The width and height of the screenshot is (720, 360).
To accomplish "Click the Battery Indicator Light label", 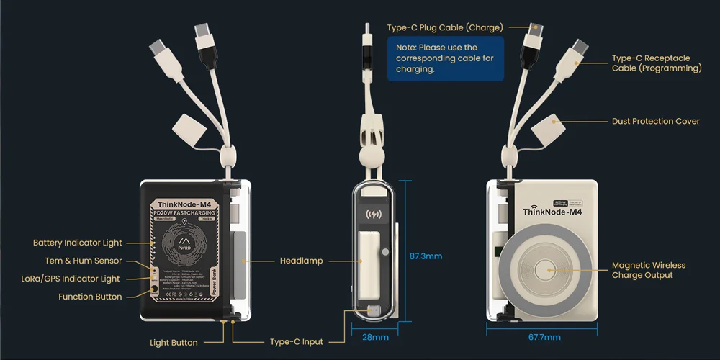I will click(78, 243).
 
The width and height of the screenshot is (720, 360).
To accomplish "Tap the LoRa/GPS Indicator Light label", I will click(78, 279).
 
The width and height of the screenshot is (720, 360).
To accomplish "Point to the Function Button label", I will click(90, 297).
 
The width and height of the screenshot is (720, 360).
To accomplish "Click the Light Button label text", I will click(174, 343).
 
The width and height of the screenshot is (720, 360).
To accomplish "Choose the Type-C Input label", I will click(297, 342).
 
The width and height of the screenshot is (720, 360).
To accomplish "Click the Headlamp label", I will click(300, 261).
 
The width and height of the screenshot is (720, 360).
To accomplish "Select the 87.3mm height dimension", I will click(426, 256).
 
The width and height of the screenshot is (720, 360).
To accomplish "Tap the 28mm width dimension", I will click(374, 337).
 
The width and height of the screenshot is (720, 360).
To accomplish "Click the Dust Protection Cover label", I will click(655, 121).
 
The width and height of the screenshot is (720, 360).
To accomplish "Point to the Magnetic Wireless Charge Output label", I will click(648, 270).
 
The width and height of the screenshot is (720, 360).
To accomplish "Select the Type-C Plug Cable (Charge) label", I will click(444, 27).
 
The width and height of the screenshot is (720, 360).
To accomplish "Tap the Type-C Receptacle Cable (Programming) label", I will click(656, 63).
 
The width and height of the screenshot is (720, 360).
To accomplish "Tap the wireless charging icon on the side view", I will click(374, 214).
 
